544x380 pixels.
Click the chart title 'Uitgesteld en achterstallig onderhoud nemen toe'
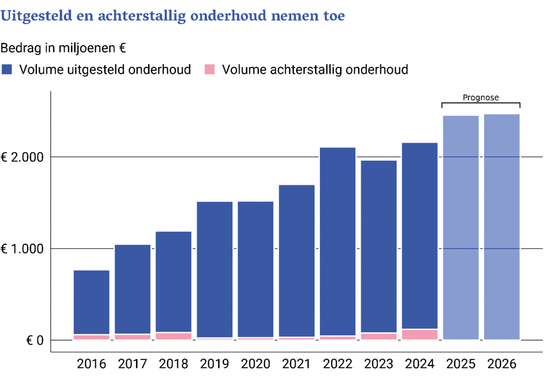tap(173, 16)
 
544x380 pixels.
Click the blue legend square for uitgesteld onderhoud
tap(7, 69)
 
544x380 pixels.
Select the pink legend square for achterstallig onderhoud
tap(209, 69)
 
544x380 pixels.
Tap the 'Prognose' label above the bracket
tap(480, 98)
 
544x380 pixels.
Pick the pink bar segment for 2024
tap(420, 334)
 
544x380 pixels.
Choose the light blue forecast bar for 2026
tap(502, 226)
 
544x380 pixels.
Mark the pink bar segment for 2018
tap(173, 336)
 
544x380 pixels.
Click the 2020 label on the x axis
tap(255, 364)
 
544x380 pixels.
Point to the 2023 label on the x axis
tap(379, 364)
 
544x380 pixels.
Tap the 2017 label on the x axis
tap(132, 364)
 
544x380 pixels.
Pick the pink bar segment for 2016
tap(91, 337)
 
